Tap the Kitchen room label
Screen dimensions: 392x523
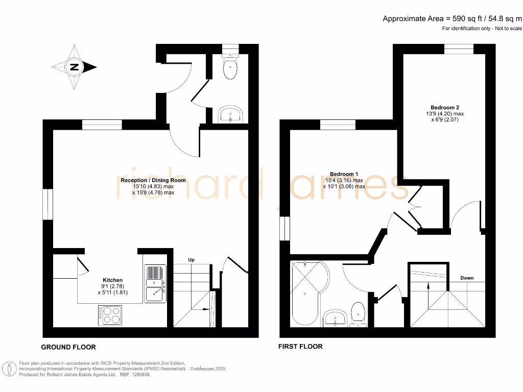point(112,280)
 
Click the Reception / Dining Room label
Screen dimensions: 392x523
point(153,180)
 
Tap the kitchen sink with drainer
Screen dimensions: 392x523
point(154,284)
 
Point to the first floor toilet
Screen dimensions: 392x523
point(359,312)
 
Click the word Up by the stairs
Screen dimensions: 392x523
point(192,260)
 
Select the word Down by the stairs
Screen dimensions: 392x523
point(466,278)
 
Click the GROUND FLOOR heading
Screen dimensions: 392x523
point(68,347)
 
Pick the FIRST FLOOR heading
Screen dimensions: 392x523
point(300,347)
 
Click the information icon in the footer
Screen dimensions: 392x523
point(8,369)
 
